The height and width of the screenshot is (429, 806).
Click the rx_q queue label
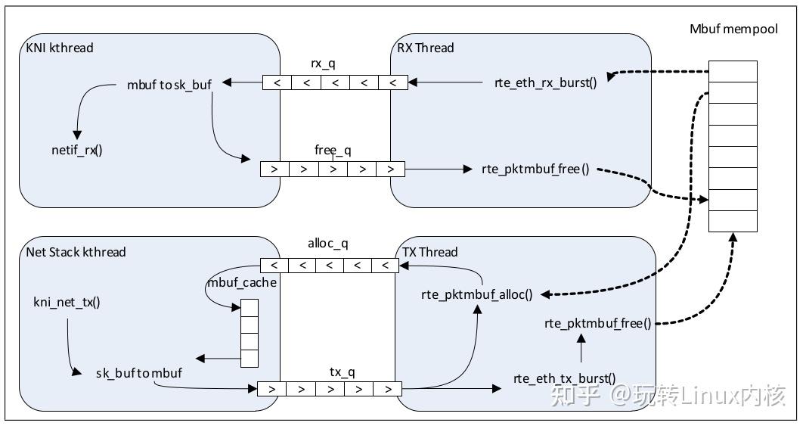(x=323, y=64)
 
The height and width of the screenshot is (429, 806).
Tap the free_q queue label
(x=333, y=151)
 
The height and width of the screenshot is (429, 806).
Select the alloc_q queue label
(x=328, y=244)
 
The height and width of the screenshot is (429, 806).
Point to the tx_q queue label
(x=342, y=372)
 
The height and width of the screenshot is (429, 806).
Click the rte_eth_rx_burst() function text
(x=546, y=82)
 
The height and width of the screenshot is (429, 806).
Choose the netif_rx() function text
(x=77, y=151)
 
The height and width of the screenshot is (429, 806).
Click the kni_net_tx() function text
(x=67, y=302)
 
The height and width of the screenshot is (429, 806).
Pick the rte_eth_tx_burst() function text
(x=564, y=378)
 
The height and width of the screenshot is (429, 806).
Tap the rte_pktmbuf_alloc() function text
(x=477, y=295)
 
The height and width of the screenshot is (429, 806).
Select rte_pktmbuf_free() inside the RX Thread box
(x=535, y=169)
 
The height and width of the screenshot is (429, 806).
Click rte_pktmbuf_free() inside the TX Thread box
(x=598, y=324)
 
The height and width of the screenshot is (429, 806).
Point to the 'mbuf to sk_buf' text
(x=169, y=85)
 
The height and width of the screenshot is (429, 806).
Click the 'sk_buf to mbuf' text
(x=139, y=373)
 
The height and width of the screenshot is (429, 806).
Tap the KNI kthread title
(x=60, y=48)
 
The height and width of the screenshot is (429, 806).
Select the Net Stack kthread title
(x=76, y=252)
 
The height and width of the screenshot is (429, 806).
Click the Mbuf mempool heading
(x=733, y=29)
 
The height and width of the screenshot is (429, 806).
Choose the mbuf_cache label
(x=242, y=282)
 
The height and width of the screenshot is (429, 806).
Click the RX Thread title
(x=426, y=48)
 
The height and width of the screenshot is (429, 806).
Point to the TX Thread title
(x=429, y=252)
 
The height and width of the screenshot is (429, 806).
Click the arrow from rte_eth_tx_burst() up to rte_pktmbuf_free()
(x=581, y=349)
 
